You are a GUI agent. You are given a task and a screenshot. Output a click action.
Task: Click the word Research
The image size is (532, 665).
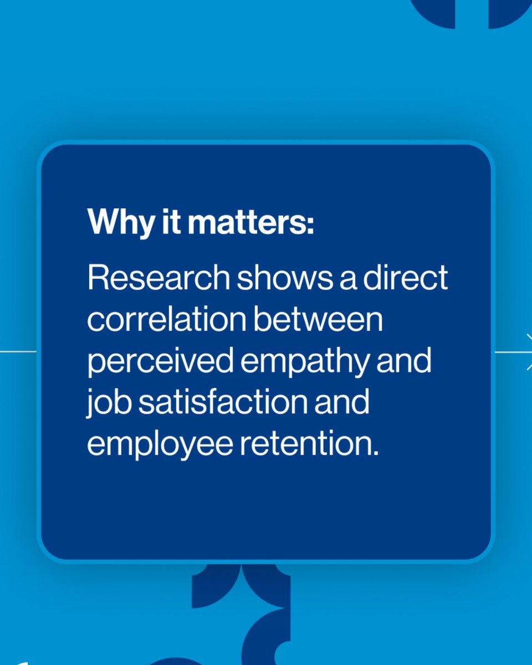pos(158,278)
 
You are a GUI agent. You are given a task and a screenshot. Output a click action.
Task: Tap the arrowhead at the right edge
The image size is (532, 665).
pos(528,352)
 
